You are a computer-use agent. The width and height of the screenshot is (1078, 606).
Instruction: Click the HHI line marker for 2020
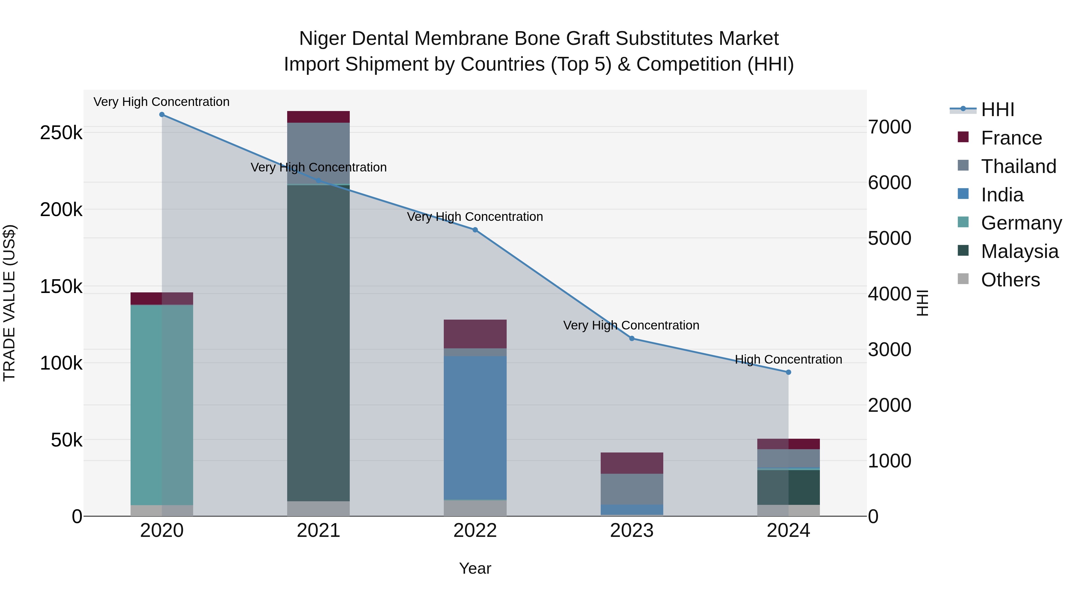[x=162, y=115]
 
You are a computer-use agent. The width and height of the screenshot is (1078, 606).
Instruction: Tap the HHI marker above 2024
[x=788, y=372]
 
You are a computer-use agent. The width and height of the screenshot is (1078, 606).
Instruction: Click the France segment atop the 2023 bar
[x=632, y=463]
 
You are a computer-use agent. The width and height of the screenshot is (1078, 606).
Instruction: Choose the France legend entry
[x=1011, y=138]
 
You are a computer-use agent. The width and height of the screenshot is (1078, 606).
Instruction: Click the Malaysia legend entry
[x=1019, y=251]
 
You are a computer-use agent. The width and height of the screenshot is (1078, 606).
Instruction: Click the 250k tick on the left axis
[x=61, y=133]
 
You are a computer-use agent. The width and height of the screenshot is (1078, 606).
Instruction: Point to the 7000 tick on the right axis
[x=890, y=127]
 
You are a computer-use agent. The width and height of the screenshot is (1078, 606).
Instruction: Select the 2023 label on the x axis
[x=632, y=531]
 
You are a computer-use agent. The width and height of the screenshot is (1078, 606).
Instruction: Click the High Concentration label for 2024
[x=788, y=359]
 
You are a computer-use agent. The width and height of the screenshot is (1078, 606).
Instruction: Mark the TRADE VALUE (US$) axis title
[x=9, y=303]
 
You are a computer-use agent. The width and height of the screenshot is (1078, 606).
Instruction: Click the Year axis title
[x=475, y=568]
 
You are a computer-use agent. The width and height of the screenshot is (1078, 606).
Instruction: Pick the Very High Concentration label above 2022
[x=475, y=217]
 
